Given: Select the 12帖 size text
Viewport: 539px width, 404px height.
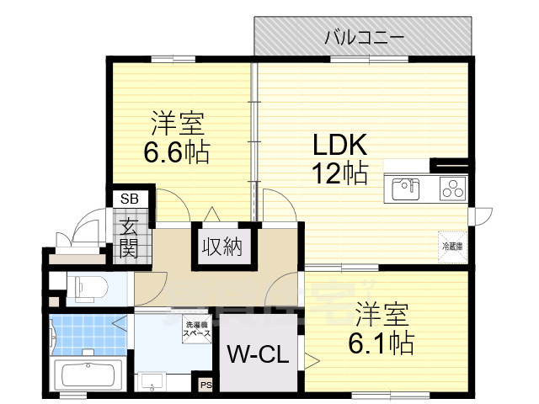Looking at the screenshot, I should click(x=339, y=174).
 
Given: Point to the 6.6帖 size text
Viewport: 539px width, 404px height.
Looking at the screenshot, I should click(x=176, y=152).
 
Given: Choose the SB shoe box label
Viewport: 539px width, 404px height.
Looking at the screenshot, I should click(x=130, y=199).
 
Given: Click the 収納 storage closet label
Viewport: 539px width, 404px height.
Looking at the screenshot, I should click(x=221, y=247).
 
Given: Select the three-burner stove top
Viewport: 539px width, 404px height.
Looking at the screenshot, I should click(x=451, y=188).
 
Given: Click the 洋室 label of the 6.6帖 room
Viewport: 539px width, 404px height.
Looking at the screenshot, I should click(x=176, y=124).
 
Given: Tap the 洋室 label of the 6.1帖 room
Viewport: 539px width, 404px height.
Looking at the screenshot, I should click(x=382, y=314).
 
